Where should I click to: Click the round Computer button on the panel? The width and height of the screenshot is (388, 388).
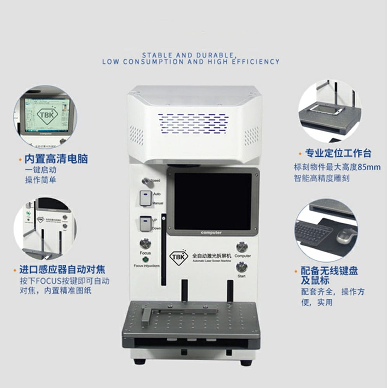tap(242, 247)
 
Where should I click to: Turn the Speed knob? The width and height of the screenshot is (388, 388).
tap(146, 180)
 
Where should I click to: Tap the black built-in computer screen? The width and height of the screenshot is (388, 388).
tap(213, 201)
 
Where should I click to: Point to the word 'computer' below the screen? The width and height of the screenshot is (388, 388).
tap(211, 232)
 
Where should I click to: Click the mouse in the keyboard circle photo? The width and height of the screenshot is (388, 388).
tap(346, 236)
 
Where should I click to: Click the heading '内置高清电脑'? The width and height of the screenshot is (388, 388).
tap(56, 159)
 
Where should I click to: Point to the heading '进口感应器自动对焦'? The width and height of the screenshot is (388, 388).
tap(62, 269)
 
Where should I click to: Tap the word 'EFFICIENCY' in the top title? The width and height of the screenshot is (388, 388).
tap(258, 61)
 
